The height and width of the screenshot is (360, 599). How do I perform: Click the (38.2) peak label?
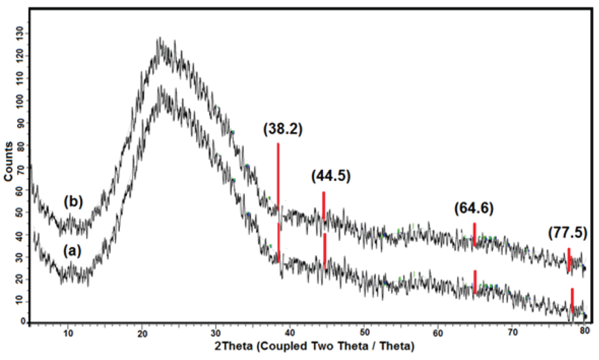point(283,129)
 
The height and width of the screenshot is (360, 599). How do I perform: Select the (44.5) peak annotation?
point(331,176)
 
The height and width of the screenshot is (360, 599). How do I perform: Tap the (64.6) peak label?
point(474,208)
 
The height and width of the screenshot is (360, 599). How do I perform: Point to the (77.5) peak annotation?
point(567,233)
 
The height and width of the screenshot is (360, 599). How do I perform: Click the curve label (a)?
point(72,251)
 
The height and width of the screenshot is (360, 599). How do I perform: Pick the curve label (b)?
point(73,202)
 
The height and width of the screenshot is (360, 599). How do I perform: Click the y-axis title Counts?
point(8,161)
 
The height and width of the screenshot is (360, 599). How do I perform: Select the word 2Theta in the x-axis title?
point(233,346)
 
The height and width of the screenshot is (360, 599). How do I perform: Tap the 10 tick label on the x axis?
point(68,333)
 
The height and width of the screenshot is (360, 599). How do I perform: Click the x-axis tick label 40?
point(290,333)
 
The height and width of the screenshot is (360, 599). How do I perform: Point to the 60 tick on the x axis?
point(438,333)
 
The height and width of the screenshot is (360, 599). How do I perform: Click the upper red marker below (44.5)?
point(323,205)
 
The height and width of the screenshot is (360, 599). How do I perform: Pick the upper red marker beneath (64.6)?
point(474,234)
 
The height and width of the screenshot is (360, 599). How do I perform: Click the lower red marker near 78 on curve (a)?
point(572,300)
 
